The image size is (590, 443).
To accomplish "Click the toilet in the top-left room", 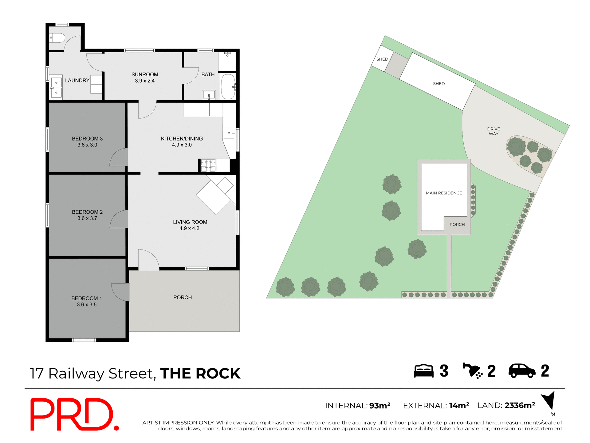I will (57, 38).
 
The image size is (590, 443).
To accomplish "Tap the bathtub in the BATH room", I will (228, 86).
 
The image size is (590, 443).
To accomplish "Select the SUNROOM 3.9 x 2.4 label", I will (145, 78).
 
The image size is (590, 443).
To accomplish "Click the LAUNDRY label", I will (77, 80).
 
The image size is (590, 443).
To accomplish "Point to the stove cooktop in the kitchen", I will (208, 166).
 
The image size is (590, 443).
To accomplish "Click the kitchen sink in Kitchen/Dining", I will (229, 133).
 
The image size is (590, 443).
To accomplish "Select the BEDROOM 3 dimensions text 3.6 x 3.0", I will (87, 145).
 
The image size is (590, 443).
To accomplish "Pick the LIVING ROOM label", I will (190, 222).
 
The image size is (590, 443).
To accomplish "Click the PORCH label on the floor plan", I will (183, 297).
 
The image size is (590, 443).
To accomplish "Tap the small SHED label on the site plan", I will (382, 59).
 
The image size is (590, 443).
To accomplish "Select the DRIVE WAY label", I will (494, 131).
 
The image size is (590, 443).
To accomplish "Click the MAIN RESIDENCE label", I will (444, 193).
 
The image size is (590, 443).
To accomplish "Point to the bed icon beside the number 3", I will (423, 371).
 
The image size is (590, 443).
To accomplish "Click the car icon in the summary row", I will (522, 371).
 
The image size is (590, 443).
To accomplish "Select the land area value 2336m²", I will (520, 405).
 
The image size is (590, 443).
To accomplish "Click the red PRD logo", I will (74, 414).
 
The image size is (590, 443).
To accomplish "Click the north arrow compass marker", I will (549, 401).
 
